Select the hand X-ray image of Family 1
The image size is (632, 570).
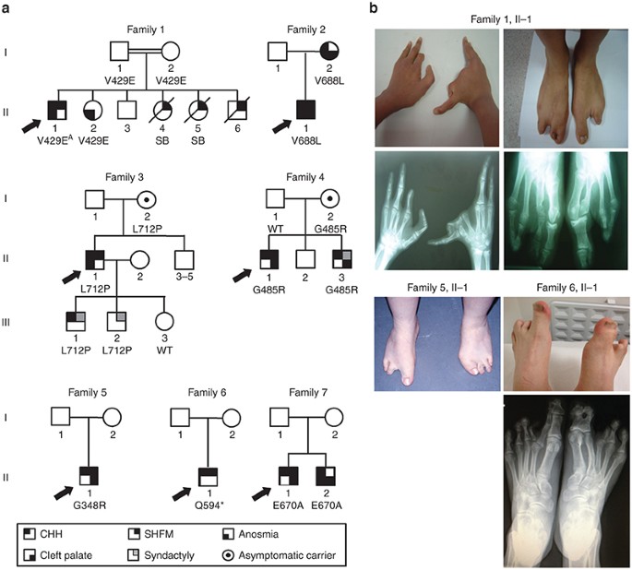pyautogui.click(x=435, y=209)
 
